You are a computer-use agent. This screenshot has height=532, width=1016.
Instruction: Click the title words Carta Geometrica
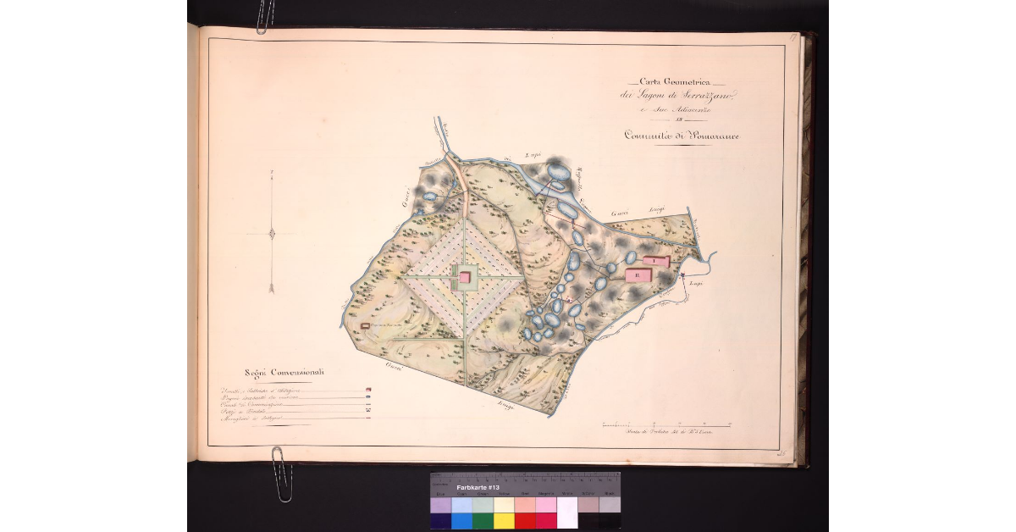coord(674,82)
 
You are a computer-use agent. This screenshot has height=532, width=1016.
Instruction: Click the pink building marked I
coord(655,260)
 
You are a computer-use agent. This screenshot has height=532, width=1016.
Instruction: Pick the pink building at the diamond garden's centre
coord(464,277)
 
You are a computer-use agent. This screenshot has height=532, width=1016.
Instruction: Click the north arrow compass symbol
coord(271,234)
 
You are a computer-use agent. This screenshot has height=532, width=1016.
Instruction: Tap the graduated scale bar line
coord(665,424)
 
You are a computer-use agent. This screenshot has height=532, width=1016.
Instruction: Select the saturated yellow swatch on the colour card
coord(504,520)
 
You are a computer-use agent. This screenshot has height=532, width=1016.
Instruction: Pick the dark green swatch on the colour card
coord(483,520)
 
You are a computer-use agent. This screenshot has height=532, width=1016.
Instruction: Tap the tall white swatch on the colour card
coord(566,513)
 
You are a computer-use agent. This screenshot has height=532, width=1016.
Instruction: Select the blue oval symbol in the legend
coord(367,398)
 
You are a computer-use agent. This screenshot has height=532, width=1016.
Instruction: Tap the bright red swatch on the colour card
coord(525,520)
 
